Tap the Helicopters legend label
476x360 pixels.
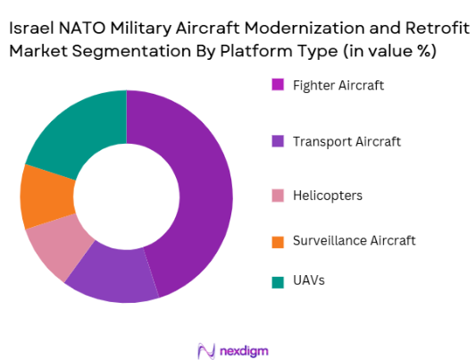(x=326, y=195)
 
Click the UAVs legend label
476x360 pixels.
(x=309, y=280)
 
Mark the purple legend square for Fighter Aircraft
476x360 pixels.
(x=278, y=85)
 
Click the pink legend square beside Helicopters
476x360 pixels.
(x=278, y=195)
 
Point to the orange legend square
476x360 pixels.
(x=278, y=240)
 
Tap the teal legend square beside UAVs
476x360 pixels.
(x=278, y=281)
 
